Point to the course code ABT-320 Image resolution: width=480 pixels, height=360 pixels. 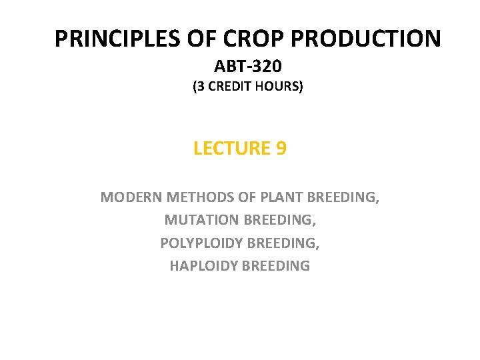pos(247,66)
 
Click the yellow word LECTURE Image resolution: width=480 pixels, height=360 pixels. pos(231,148)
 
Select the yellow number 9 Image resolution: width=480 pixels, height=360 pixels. pos(281,148)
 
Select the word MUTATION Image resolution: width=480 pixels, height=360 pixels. pos(201,220)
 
